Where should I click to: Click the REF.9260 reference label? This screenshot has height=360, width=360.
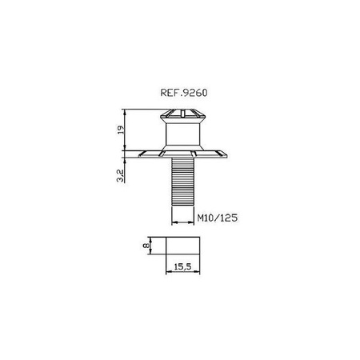[x=184, y=93]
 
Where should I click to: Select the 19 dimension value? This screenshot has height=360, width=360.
[x=121, y=130]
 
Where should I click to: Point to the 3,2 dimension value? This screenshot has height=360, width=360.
[x=121, y=176]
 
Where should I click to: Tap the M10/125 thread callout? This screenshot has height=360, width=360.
[x=217, y=218]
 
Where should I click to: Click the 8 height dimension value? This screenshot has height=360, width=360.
[x=146, y=246]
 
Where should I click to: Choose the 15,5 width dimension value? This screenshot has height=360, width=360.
[x=182, y=266]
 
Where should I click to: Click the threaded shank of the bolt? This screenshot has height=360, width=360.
[x=182, y=182]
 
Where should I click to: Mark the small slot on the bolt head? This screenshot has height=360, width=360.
[x=182, y=114]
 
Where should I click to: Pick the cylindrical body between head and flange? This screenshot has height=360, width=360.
[x=182, y=134]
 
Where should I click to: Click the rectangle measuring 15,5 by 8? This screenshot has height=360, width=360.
[x=182, y=246]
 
